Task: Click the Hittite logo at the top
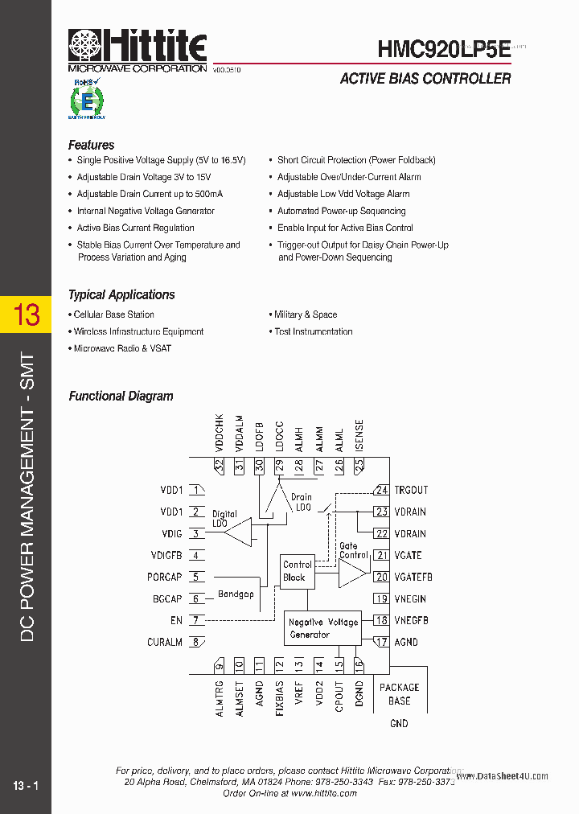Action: point(137,50)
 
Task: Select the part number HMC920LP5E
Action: point(443,49)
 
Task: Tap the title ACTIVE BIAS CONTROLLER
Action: point(425,79)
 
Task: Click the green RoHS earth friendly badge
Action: point(86,100)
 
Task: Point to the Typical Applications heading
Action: point(121,295)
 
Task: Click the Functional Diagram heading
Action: point(121,397)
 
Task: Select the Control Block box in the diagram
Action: point(297,571)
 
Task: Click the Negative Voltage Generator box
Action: point(323,628)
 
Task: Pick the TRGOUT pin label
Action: point(411,491)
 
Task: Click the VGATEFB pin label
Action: point(413,578)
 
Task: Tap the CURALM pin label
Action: point(165,643)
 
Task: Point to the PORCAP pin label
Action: point(165,578)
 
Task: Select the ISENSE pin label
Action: point(359,436)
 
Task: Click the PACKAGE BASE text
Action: point(399,694)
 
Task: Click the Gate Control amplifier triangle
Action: point(351,573)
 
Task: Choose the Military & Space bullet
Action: point(306,314)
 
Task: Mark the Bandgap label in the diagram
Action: point(236,594)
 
